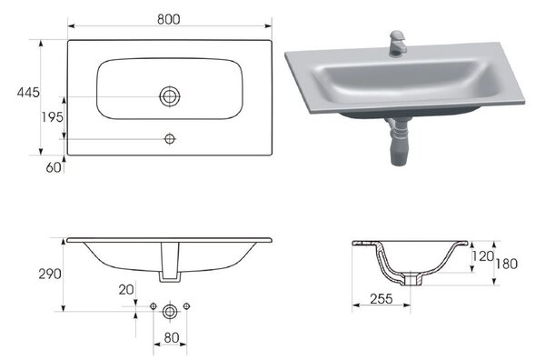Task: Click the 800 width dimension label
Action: click(169, 19)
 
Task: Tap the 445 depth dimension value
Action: click(28, 93)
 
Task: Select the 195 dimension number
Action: click(53, 117)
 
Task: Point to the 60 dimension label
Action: click(54, 167)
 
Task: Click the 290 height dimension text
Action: click(50, 274)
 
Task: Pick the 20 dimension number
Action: click(126, 289)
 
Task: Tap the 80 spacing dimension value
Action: click(172, 337)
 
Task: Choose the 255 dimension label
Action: click(381, 299)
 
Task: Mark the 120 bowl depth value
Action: click(483, 256)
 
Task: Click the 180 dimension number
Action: click(507, 264)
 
